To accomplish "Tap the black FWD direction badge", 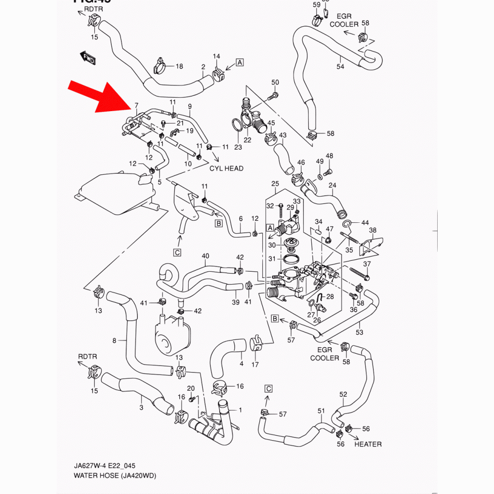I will [x=88, y=58].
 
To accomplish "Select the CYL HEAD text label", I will [x=226, y=168].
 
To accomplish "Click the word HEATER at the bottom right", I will [x=368, y=444].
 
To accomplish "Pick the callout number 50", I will [x=275, y=82].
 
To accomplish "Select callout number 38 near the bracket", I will [x=372, y=230].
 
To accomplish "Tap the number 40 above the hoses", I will [x=206, y=256].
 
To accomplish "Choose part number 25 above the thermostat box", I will [x=275, y=184].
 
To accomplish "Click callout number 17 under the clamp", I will [x=255, y=365].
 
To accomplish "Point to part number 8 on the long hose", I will [x=115, y=340].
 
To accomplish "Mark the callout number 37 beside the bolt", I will [x=367, y=265].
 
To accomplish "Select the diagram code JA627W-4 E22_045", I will [x=105, y=466].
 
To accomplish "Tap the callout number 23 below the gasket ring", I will [x=238, y=147].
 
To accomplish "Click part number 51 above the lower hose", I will [x=322, y=411].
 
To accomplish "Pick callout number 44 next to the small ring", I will [x=365, y=223].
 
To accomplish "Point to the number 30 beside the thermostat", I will [x=272, y=245].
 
